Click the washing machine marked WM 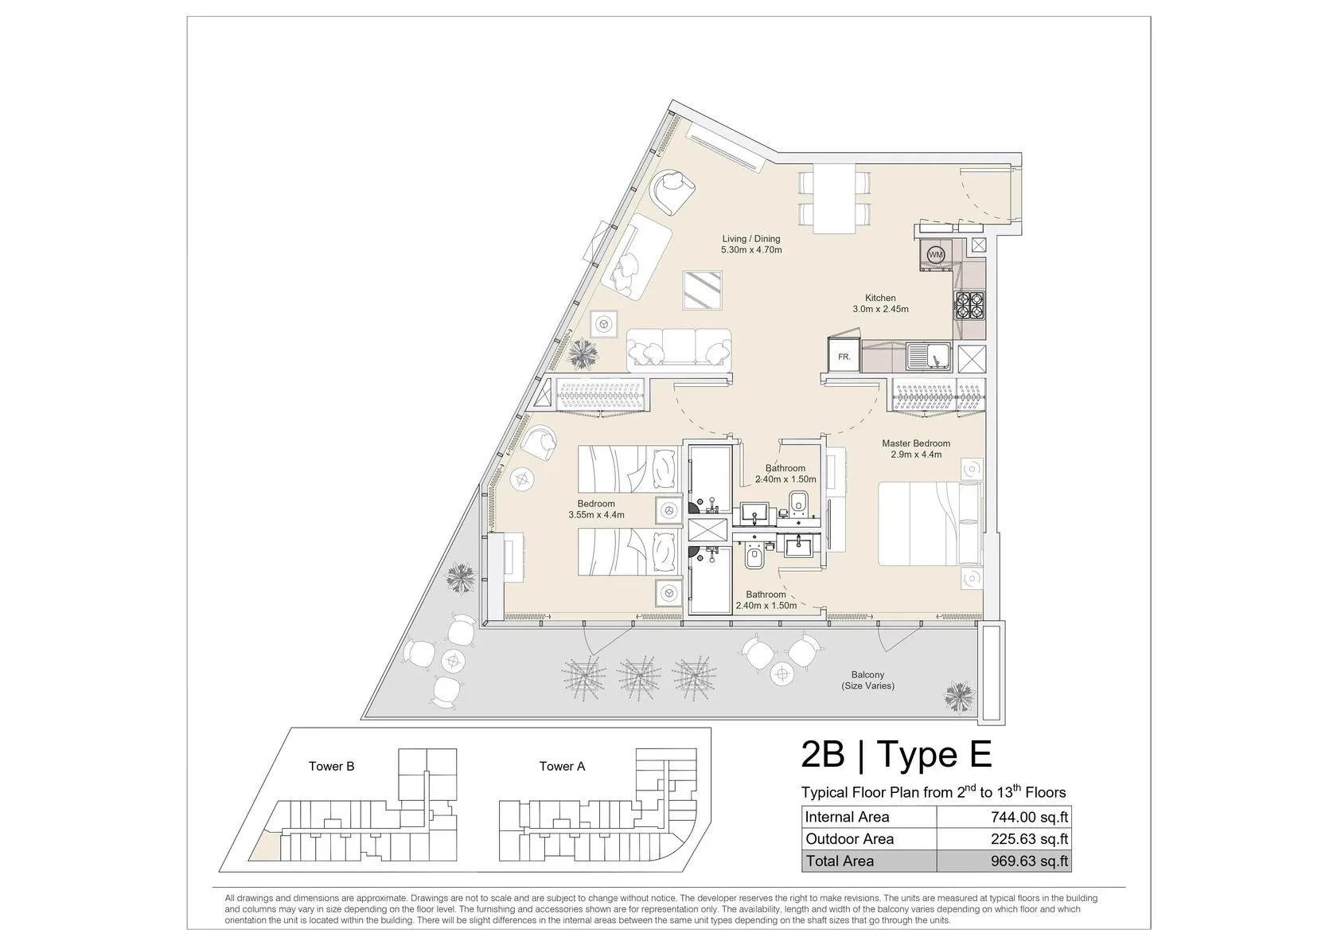(936, 255)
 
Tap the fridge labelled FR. (844, 357)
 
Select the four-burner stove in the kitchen (970, 306)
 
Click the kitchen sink (929, 357)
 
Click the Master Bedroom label (916, 443)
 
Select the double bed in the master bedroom (930, 524)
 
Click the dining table (834, 198)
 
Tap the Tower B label (331, 766)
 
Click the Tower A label (562, 766)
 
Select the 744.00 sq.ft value (1030, 817)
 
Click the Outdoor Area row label (849, 839)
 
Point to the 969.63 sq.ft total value (1030, 861)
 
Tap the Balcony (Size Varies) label (867, 680)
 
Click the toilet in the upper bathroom (798, 503)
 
